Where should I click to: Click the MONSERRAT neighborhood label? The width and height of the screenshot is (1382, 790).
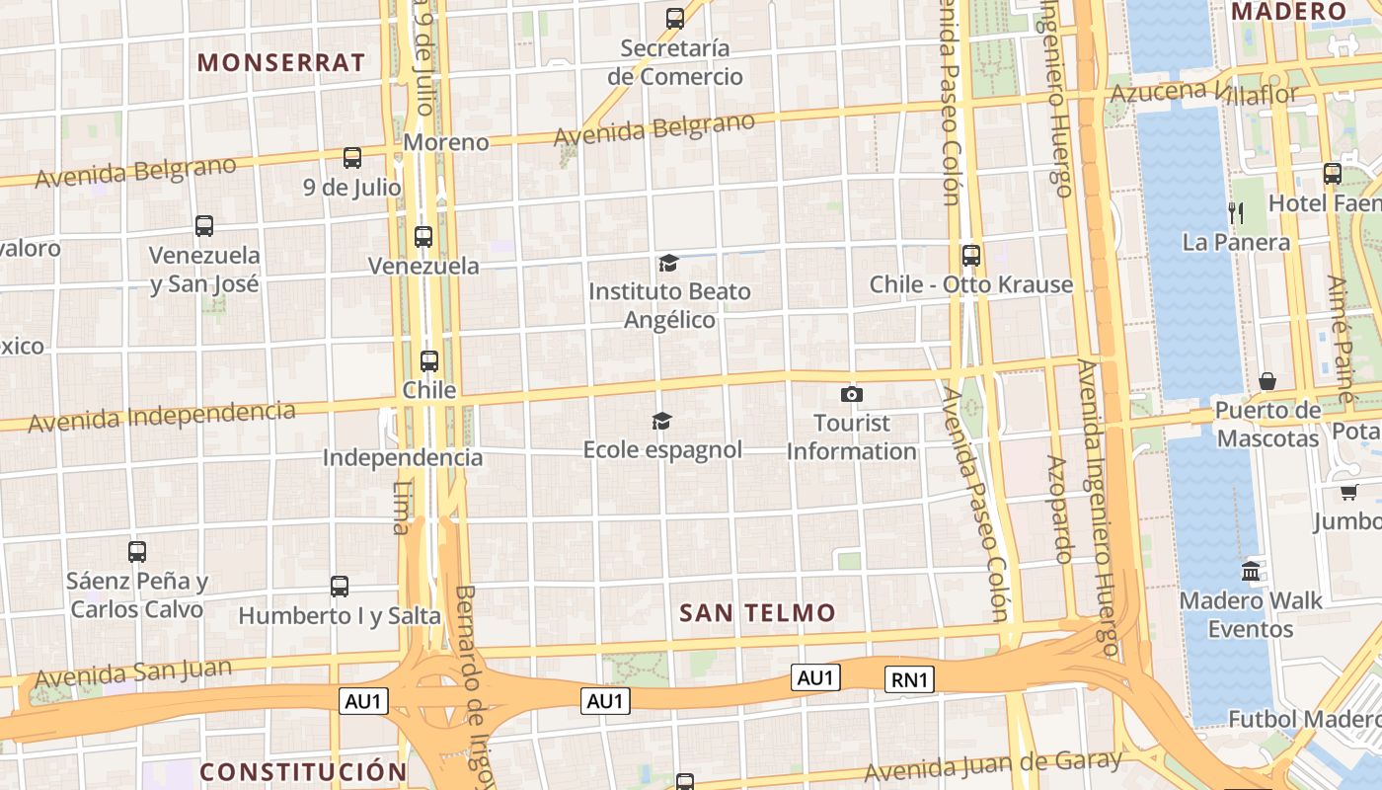[281, 62]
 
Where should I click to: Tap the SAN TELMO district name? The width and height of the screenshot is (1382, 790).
[757, 612]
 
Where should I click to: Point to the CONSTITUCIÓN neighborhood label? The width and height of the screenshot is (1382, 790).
[303, 771]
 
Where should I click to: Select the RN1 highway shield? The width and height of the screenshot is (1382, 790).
[910, 678]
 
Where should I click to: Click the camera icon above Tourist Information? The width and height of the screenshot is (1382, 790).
[851, 395]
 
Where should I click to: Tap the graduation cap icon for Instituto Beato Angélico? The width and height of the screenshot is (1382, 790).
[668, 263]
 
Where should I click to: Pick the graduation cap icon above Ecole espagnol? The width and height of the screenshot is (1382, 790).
[661, 422]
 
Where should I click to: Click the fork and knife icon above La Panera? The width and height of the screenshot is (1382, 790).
[1235, 211]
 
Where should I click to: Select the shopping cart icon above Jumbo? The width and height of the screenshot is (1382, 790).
[1348, 491]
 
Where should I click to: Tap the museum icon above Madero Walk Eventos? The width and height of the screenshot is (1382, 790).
[1251, 571]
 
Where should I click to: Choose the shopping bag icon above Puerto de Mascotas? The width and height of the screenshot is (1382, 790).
[1267, 381]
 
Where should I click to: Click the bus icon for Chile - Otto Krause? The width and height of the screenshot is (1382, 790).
[971, 255]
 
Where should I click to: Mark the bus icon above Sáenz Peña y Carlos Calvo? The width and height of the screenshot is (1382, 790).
[137, 552]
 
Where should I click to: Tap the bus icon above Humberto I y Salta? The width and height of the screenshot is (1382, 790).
[340, 587]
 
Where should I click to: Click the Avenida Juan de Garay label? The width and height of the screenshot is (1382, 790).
[993, 764]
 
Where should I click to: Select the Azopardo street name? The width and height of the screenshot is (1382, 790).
[1058, 509]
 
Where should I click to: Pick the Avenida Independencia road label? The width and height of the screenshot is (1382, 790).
[162, 416]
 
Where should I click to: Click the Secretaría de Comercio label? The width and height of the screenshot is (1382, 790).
[675, 62]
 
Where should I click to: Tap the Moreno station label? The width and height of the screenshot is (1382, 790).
[446, 142]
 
